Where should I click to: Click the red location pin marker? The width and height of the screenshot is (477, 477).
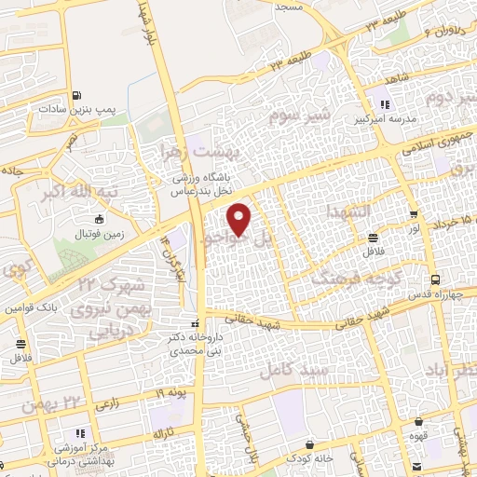[240, 220]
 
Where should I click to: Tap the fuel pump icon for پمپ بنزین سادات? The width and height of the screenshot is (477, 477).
[76, 95]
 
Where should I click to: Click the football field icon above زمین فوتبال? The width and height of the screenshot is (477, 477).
[101, 220]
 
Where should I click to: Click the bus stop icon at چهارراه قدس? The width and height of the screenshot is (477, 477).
[434, 279]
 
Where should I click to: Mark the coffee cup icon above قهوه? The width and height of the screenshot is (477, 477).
[419, 422]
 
